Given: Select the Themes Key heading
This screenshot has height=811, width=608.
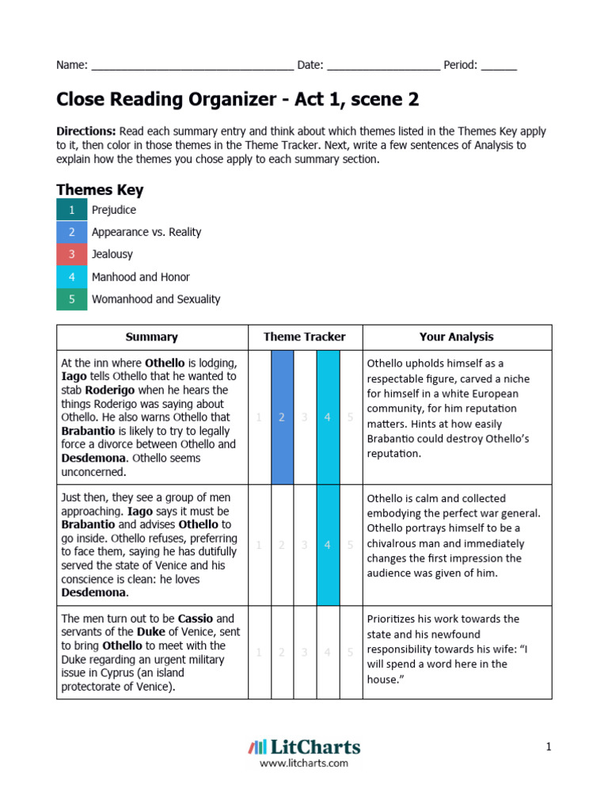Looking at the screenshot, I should pyautogui.click(x=100, y=190).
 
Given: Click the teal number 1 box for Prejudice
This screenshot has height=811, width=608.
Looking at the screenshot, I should pyautogui.click(x=71, y=210).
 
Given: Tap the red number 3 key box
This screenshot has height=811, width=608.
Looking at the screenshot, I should pyautogui.click(x=71, y=254).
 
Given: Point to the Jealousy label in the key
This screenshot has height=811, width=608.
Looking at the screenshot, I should pyautogui.click(x=112, y=254).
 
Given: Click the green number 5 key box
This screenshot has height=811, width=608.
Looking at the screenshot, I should pyautogui.click(x=71, y=299).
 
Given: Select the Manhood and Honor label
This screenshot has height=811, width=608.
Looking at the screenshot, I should pyautogui.click(x=141, y=277).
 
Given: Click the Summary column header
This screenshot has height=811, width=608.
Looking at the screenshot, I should pyautogui.click(x=152, y=337).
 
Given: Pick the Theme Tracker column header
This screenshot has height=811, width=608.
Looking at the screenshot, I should pyautogui.click(x=305, y=337).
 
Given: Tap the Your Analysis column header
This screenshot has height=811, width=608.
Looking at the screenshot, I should pyautogui.click(x=456, y=337).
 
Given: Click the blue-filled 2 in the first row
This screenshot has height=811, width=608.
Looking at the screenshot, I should pyautogui.click(x=282, y=417).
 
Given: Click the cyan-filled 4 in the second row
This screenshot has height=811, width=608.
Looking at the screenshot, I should pyautogui.click(x=328, y=545).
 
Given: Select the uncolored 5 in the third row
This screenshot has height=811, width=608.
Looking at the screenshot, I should pyautogui.click(x=351, y=653).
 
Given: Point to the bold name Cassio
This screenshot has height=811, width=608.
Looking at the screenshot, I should pyautogui.click(x=196, y=619).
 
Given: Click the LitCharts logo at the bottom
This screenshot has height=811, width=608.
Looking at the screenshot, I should pyautogui.click(x=304, y=747).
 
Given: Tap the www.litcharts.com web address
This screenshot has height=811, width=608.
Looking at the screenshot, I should pyautogui.click(x=304, y=763).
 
